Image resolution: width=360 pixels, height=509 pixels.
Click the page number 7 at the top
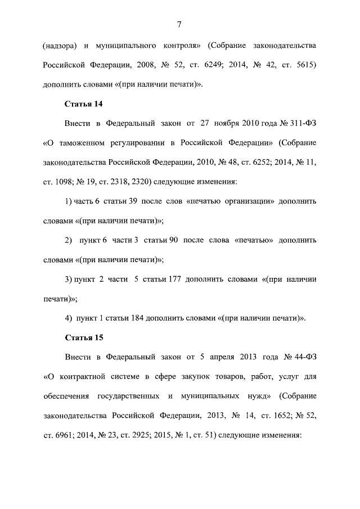pyautogui.click(x=178, y=24)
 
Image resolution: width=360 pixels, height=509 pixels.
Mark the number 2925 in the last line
pyautogui.click(x=148, y=435)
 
